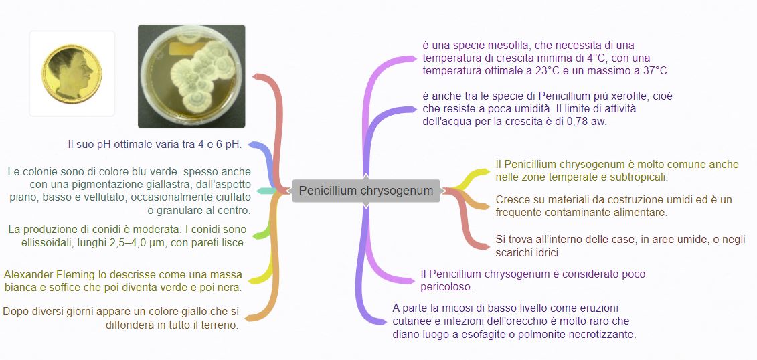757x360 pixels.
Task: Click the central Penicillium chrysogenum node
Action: [366, 191]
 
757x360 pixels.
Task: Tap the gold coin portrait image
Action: [72, 73]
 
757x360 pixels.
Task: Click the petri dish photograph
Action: [191, 76]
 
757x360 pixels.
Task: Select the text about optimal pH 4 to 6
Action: [155, 144]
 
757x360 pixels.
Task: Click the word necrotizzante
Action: [601, 334]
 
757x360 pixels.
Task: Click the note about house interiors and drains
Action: [620, 246]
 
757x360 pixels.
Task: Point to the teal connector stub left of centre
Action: [266, 191]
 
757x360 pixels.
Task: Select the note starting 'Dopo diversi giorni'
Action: [121, 319]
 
